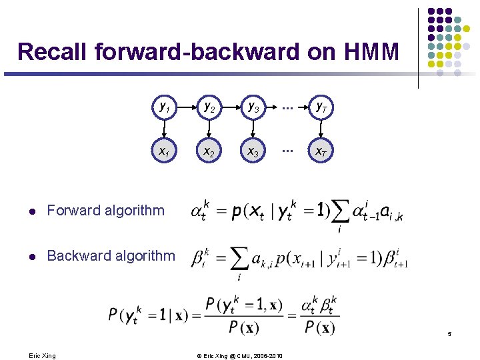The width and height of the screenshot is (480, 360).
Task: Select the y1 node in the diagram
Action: [163, 106]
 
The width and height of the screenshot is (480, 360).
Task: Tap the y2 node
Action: [209, 106]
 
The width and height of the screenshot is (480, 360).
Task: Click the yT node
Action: [321, 106]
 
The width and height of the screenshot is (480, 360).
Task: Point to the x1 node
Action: [163, 152]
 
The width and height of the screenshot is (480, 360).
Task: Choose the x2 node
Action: [209, 152]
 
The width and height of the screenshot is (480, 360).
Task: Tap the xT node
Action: [321, 152]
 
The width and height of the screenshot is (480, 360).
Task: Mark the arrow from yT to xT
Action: [321, 129]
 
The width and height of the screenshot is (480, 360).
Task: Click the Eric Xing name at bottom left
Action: [43, 355]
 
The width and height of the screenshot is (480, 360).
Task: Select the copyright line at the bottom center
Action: [240, 355]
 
